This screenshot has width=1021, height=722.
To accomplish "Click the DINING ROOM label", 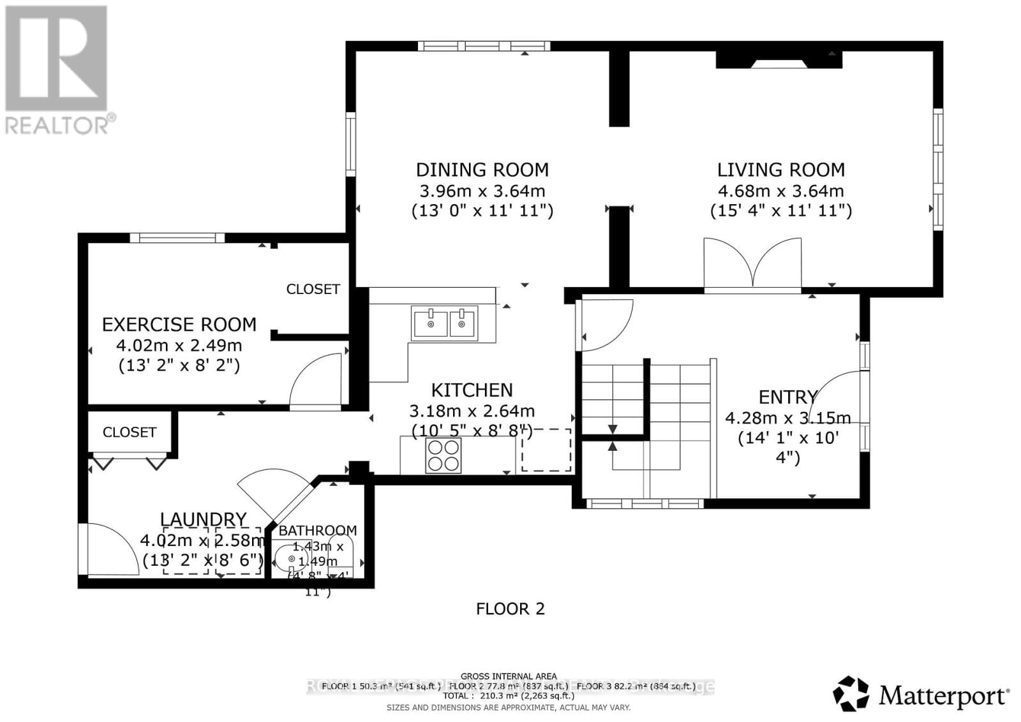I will (x=482, y=170).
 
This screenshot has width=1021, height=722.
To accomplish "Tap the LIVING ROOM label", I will (x=780, y=170).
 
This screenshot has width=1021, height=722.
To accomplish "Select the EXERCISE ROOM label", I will (x=179, y=325).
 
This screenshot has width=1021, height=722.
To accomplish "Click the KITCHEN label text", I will (x=472, y=390).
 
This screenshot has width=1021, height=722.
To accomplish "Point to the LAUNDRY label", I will (x=203, y=520).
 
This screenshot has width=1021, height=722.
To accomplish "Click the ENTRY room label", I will (x=787, y=397).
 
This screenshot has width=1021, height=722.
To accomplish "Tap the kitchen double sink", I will (x=445, y=323).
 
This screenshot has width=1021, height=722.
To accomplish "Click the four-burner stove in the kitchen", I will (x=443, y=455).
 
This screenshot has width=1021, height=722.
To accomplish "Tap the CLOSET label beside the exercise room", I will (x=313, y=290).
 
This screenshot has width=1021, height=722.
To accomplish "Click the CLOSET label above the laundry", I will (x=129, y=432).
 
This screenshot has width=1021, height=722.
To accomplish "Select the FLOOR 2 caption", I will (x=510, y=608).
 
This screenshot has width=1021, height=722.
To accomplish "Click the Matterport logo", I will (x=921, y=694).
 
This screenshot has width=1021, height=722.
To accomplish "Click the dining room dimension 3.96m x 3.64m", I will (x=482, y=191).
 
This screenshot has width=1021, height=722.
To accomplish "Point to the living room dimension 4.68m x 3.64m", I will (x=780, y=191).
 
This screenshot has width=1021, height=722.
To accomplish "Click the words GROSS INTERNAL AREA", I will (x=509, y=676).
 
